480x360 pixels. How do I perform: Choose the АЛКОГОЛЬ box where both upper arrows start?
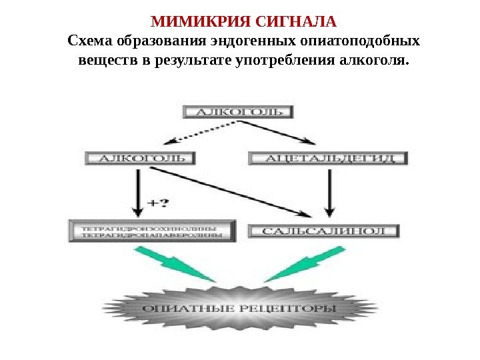pyautogui.click(x=237, y=111)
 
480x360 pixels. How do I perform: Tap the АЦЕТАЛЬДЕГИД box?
pyautogui.click(x=327, y=159)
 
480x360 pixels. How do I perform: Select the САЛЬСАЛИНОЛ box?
pyautogui.click(x=324, y=231)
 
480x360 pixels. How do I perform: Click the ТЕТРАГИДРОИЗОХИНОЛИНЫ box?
pyautogui.click(x=151, y=231)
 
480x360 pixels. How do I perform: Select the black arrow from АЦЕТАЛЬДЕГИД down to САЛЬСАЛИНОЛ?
pyautogui.click(x=329, y=193)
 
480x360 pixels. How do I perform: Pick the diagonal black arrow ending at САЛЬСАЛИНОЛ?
pyautogui.click(x=233, y=193)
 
